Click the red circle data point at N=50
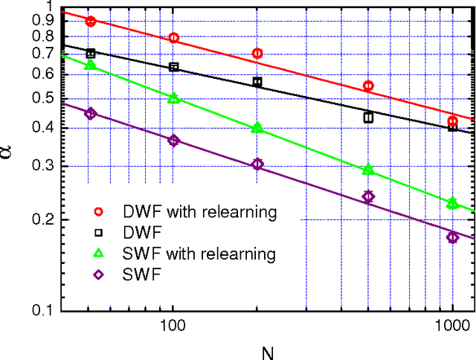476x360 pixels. tap(90, 22)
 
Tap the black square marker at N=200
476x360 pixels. tap(257, 82)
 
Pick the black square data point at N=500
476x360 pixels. tap(368, 117)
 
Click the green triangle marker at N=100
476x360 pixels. tap(173, 98)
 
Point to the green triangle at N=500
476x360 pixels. tap(368, 170)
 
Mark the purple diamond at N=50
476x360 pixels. tap(90, 114)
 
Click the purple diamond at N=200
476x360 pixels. tap(257, 164)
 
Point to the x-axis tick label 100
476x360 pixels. tap(173, 326)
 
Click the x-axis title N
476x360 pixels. tap(257, 350)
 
